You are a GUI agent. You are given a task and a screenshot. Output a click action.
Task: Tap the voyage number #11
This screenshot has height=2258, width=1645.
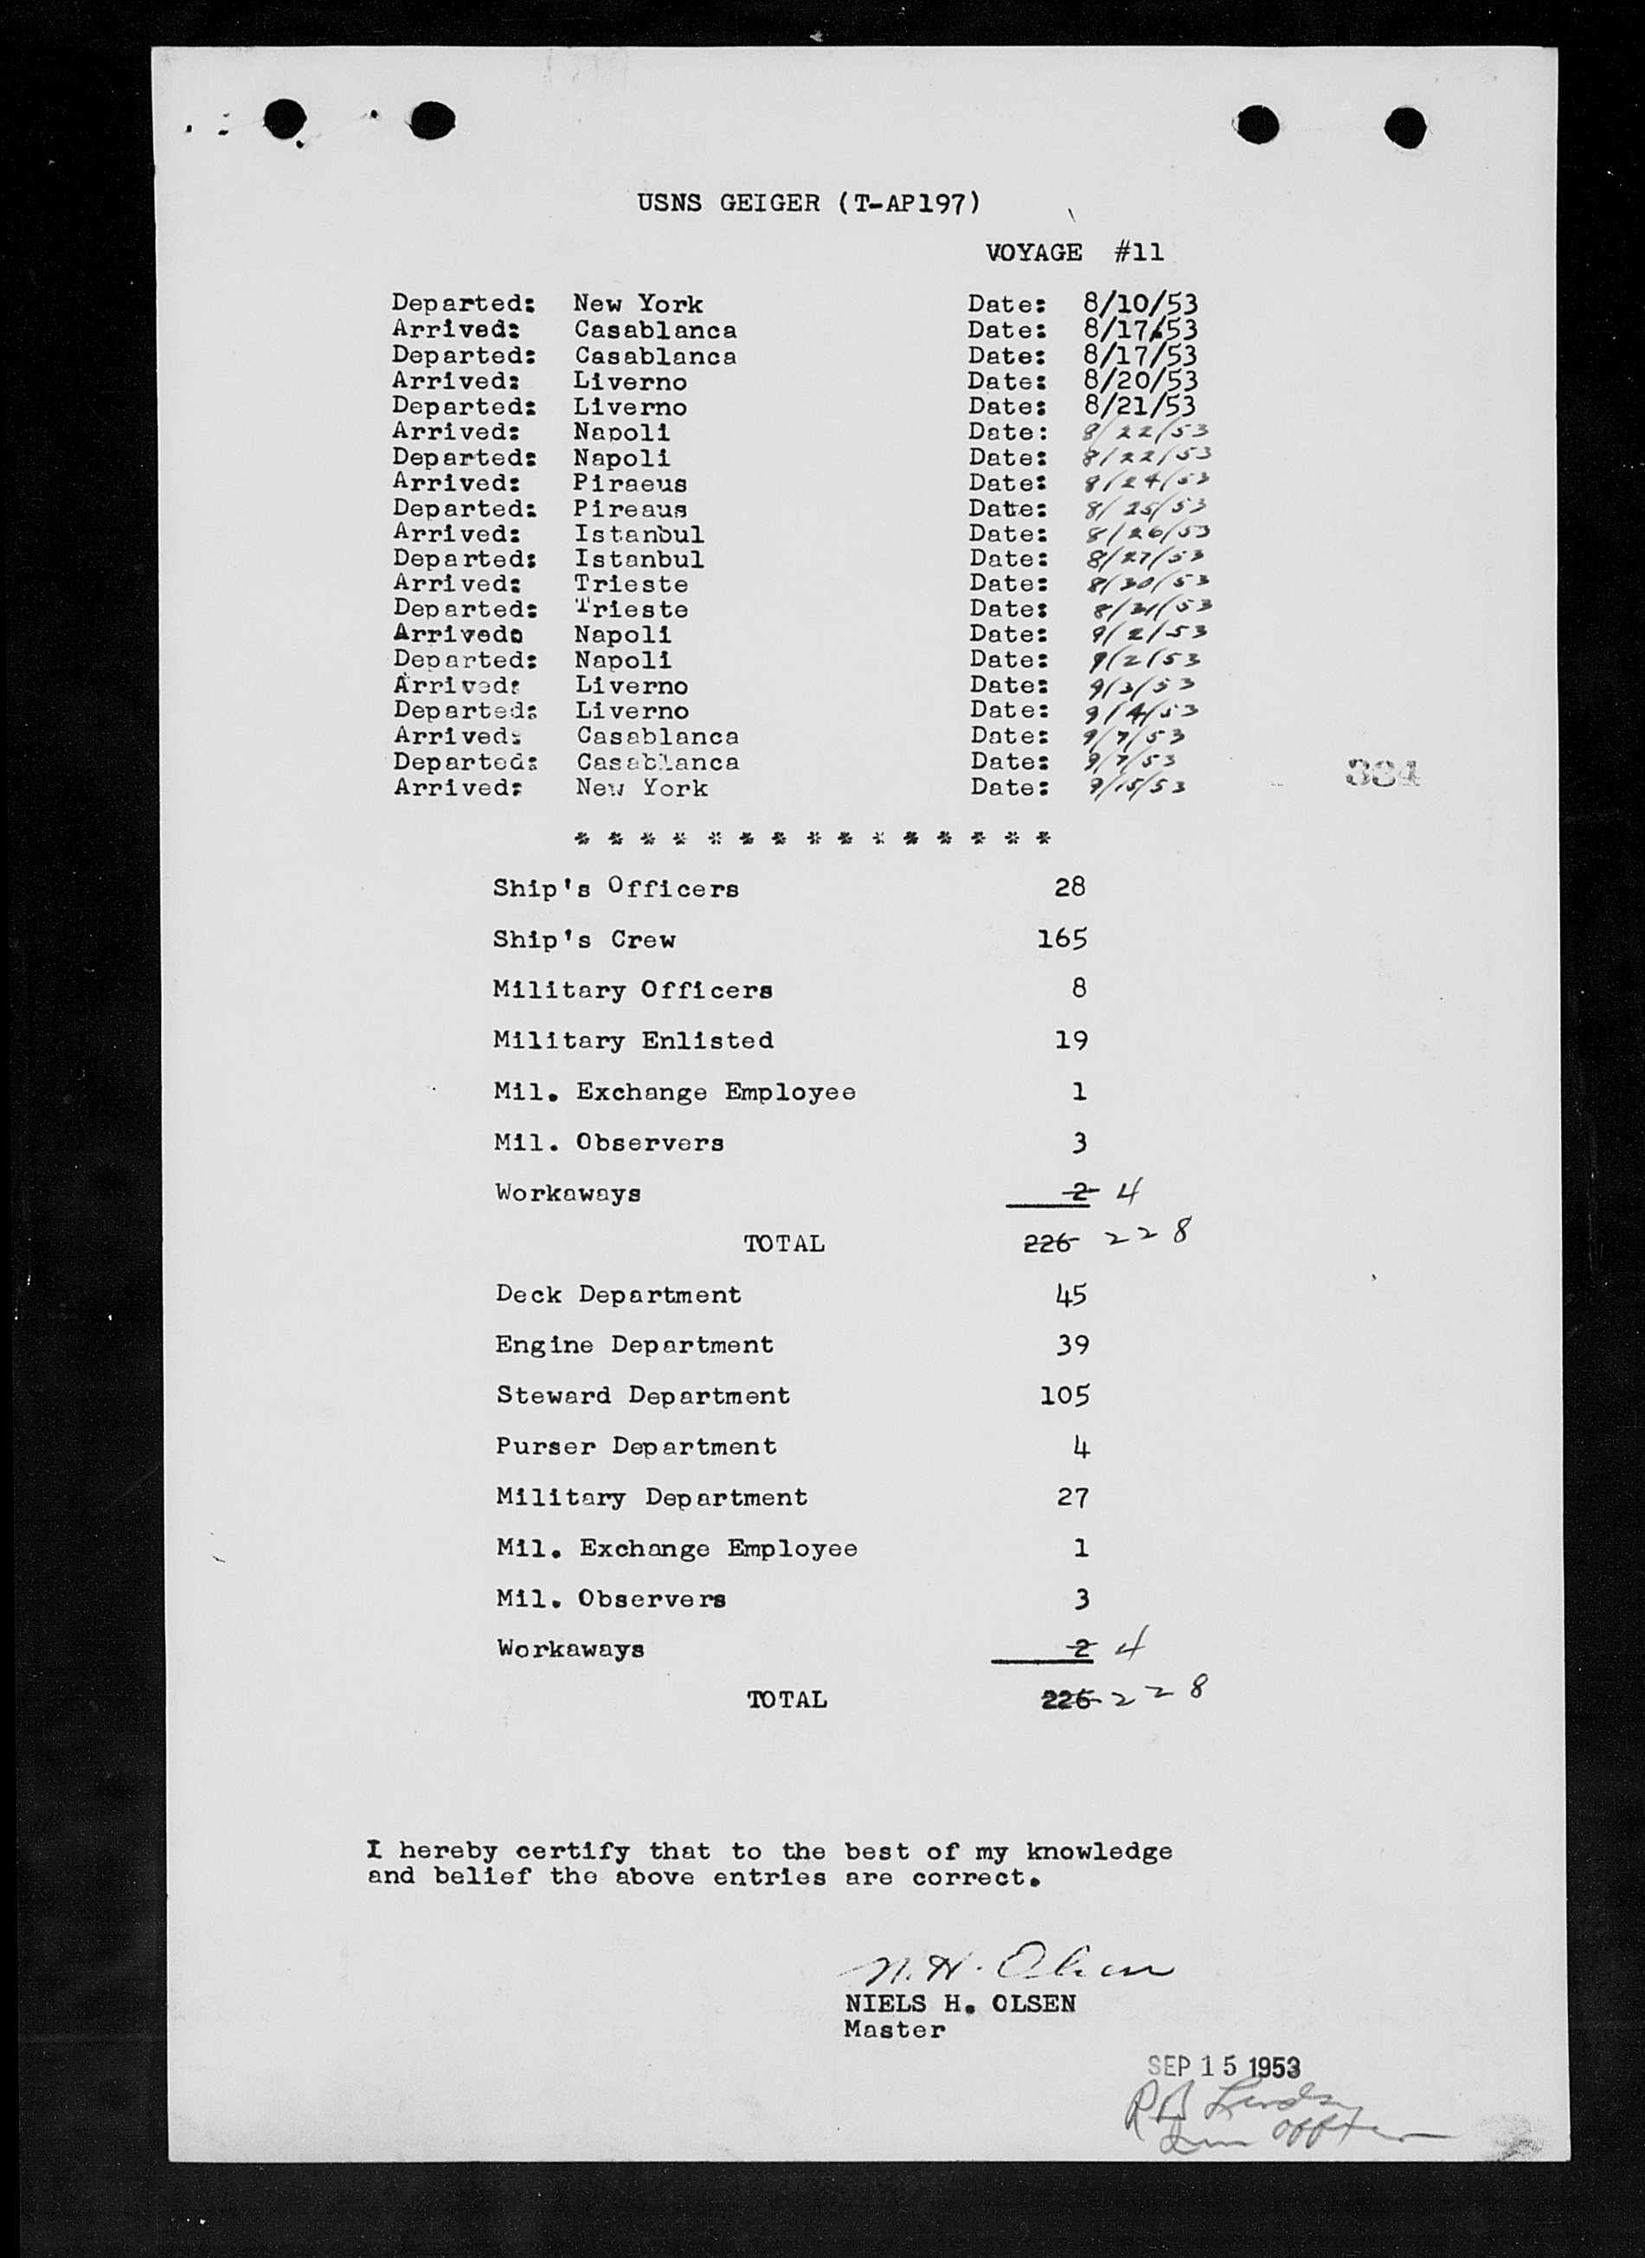(1138, 252)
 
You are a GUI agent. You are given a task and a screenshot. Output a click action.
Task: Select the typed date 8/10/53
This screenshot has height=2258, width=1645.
(1139, 303)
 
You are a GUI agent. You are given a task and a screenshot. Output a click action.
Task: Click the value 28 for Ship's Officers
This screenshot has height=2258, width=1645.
(1070, 886)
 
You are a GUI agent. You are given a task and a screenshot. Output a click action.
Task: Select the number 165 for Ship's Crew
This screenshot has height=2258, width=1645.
(1062, 938)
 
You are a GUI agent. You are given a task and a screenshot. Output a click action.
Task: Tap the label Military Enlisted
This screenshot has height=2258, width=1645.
(633, 1039)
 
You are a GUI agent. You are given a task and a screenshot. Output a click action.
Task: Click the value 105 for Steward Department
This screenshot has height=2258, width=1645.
(1064, 1394)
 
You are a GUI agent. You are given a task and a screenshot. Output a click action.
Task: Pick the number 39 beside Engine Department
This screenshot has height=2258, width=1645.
(1071, 1345)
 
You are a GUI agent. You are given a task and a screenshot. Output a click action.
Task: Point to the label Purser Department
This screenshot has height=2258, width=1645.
(635, 1446)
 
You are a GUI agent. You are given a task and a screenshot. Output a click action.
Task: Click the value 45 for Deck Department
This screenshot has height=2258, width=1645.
(1071, 1294)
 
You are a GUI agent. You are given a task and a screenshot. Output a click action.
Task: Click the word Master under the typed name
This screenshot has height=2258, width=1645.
(894, 2030)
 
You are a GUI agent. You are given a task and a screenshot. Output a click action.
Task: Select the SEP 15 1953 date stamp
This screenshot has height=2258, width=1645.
(1224, 2068)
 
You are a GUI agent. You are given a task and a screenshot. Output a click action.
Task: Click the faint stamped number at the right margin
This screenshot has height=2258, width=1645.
(1382, 772)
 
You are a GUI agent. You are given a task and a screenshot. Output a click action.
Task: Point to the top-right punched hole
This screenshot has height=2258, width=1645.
(1404, 126)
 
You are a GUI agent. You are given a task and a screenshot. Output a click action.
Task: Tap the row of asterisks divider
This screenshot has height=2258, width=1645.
(813, 839)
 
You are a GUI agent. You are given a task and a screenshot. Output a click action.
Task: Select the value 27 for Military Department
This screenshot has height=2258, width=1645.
(1072, 1497)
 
